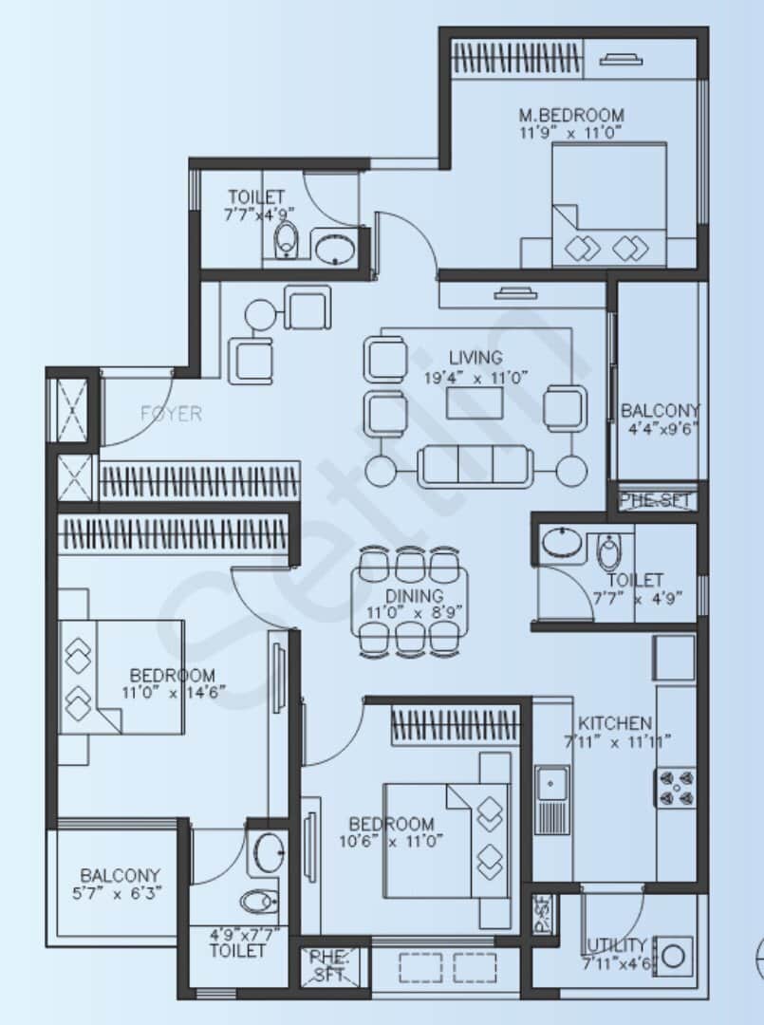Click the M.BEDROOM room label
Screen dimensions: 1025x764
pyautogui.click(x=571, y=116)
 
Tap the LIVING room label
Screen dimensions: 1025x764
pyautogui.click(x=475, y=358)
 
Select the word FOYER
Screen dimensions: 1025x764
pyautogui.click(x=171, y=413)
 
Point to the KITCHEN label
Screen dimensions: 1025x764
pyautogui.click(x=615, y=722)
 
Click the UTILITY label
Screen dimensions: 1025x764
pyautogui.click(x=617, y=945)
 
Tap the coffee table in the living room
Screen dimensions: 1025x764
pyautogui.click(x=475, y=402)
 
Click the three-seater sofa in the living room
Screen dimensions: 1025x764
pyautogui.click(x=475, y=465)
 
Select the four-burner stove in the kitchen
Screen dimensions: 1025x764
pyautogui.click(x=675, y=787)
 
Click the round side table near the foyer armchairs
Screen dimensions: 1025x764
pyautogui.click(x=258, y=313)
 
